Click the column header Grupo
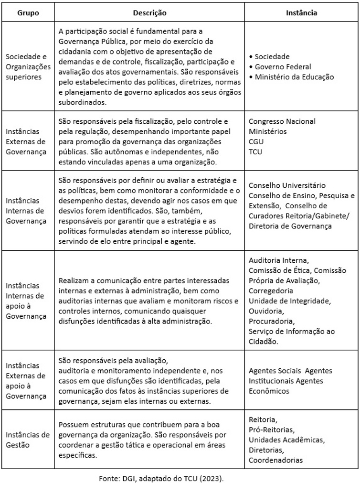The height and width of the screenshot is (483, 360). coord(28,13)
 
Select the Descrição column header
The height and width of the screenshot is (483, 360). coord(149,13)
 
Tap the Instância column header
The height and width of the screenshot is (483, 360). coord(301,13)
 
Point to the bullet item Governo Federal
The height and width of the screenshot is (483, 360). coord(283,66)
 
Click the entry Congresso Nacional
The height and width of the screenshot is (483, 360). coord(282,121)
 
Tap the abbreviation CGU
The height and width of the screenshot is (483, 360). coord(256,141)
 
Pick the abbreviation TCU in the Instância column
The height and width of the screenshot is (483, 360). coord(256,152)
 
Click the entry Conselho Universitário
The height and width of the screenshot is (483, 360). coord(287,185)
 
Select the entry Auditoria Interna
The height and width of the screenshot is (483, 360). coord(279,260)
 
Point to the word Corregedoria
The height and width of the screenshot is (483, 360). coord(271,290)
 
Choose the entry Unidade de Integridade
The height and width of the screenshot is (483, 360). coord(289,301)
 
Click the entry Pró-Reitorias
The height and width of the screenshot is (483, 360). coord(271,429)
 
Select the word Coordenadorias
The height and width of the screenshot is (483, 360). coord(275,460)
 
